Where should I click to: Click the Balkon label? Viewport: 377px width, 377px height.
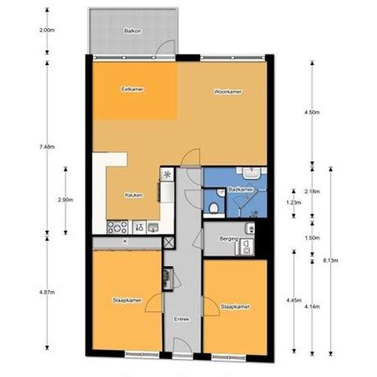[x=132, y=32]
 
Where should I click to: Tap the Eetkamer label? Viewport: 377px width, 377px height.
[x=132, y=89]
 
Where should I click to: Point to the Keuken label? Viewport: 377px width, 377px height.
[x=133, y=195]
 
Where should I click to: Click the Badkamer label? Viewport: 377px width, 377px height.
[x=241, y=189]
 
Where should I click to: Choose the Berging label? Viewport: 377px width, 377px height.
[x=229, y=239]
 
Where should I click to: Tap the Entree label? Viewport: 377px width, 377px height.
[x=182, y=319]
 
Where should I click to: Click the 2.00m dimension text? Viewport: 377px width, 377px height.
[x=47, y=30]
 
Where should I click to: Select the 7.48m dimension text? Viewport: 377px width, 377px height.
[x=46, y=146]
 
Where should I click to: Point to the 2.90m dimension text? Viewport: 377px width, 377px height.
[x=65, y=199]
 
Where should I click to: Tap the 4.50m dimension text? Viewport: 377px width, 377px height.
[x=311, y=112]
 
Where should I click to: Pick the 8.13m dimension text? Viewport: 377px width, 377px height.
[x=330, y=260]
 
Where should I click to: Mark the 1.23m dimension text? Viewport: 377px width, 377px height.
[x=291, y=203]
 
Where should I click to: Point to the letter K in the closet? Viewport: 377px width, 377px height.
[x=125, y=242]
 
